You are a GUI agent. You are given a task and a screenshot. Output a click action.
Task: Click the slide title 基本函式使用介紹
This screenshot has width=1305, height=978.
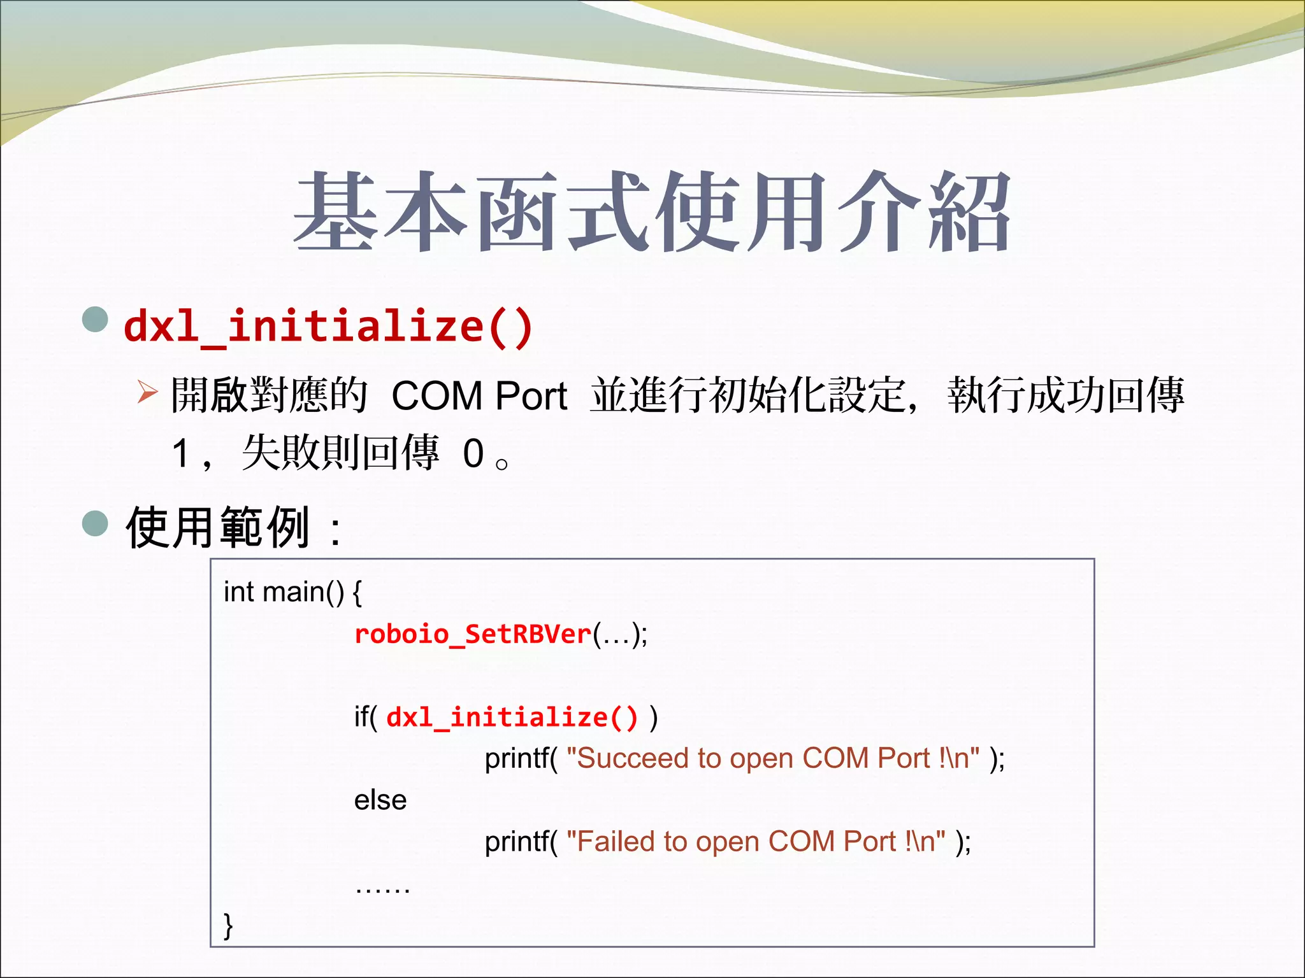click(651, 212)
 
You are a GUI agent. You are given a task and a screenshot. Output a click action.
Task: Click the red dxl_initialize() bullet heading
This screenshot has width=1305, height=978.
click(328, 326)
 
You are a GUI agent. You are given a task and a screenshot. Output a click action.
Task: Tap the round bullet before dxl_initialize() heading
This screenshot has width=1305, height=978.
click(96, 319)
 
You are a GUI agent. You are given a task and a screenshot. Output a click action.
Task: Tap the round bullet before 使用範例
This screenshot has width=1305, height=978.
click(96, 523)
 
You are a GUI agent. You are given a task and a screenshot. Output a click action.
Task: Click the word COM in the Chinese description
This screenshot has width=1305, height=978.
click(437, 396)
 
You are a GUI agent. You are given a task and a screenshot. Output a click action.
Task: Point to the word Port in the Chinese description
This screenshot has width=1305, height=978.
click(531, 396)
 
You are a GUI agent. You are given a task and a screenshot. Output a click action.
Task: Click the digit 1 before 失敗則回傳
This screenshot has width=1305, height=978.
click(182, 453)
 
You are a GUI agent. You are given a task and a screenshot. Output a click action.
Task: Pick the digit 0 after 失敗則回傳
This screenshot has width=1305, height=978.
click(473, 453)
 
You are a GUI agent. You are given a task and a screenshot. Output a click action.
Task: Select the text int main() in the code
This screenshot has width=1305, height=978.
click(284, 592)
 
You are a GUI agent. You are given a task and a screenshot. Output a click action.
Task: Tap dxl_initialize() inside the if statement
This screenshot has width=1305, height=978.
click(512, 717)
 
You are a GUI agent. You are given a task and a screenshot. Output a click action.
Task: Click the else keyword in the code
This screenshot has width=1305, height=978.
click(380, 800)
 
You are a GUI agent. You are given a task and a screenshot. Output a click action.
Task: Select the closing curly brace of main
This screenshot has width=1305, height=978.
click(228, 925)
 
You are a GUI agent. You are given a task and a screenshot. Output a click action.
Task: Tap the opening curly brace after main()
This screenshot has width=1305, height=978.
click(357, 593)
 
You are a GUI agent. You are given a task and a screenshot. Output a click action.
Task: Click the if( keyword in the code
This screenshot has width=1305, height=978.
click(366, 718)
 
